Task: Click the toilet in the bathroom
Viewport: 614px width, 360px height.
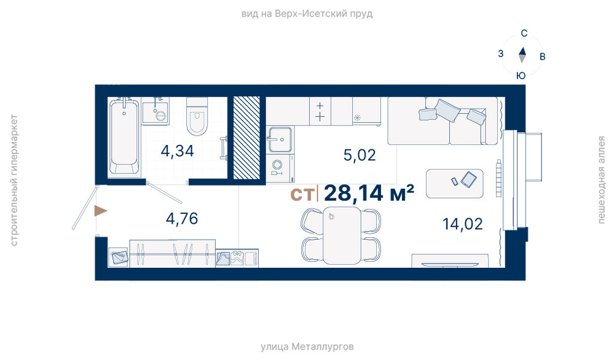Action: pyautogui.click(x=197, y=116)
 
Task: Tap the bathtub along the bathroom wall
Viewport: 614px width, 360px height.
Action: pyautogui.click(x=124, y=136)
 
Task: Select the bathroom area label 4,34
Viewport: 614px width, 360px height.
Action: pyautogui.click(x=178, y=151)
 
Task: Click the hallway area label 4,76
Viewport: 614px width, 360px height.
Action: pyautogui.click(x=182, y=219)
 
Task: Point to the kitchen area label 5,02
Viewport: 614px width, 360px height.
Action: pyautogui.click(x=360, y=155)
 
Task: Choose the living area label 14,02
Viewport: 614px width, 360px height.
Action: pyautogui.click(x=462, y=224)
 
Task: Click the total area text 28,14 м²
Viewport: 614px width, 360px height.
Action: pyautogui.click(x=369, y=193)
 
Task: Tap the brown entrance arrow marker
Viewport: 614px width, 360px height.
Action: pyautogui.click(x=100, y=211)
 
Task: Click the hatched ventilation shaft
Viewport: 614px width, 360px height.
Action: pyautogui.click(x=246, y=138)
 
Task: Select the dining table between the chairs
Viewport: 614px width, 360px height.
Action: pyautogui.click(x=342, y=235)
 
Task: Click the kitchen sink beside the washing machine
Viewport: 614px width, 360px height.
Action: pyautogui.click(x=280, y=139)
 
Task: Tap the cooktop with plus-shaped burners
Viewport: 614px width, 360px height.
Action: pyautogui.click(x=320, y=111)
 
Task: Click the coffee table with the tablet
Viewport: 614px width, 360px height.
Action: pyautogui.click(x=455, y=184)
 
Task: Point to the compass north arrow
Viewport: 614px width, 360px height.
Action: pyautogui.click(x=522, y=51)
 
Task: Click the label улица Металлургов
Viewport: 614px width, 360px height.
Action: pyautogui.click(x=307, y=347)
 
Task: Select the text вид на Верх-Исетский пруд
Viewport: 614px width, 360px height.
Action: pyautogui.click(x=307, y=14)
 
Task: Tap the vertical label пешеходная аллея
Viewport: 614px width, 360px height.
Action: pyautogui.click(x=602, y=180)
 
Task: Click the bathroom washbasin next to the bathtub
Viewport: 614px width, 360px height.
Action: pyautogui.click(x=155, y=112)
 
